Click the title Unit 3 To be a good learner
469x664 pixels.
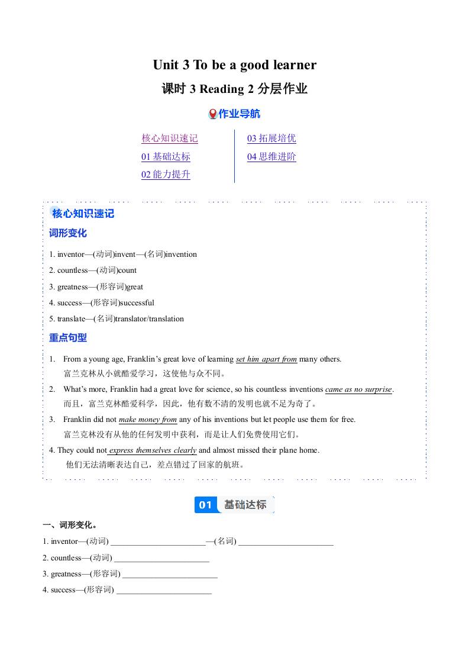pyautogui.click(x=234, y=65)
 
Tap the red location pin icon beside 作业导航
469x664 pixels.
pyautogui.click(x=213, y=114)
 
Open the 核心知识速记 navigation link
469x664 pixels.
pyautogui.click(x=169, y=138)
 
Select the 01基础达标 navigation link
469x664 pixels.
pyautogui.click(x=166, y=157)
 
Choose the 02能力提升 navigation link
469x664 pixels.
pyautogui.click(x=166, y=175)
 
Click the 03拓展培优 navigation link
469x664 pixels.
pyautogui.click(x=271, y=138)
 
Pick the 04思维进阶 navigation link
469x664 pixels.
pyautogui.click(x=271, y=157)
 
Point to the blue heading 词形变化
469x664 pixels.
pyautogui.click(x=67, y=233)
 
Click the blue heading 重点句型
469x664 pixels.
pyautogui.click(x=67, y=338)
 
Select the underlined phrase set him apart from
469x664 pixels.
pyautogui.click(x=266, y=359)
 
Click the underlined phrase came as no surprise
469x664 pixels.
pyautogui.click(x=358, y=389)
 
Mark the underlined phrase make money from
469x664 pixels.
pyautogui.click(x=148, y=420)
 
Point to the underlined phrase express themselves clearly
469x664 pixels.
pyautogui.click(x=153, y=450)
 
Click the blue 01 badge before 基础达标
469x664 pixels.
pyautogui.click(x=205, y=505)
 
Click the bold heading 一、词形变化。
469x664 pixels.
pyautogui.click(x=70, y=525)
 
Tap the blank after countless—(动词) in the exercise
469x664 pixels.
pyautogui.click(x=161, y=558)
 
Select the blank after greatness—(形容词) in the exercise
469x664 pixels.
pyautogui.click(x=170, y=574)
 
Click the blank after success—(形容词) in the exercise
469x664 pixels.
pyautogui.click(x=164, y=590)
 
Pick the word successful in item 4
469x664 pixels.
pyautogui.click(x=137, y=303)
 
